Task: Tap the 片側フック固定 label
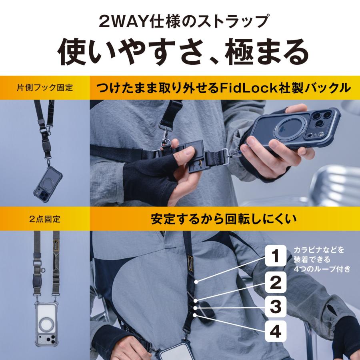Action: [45, 87]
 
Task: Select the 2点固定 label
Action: [45, 219]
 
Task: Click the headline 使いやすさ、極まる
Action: [180, 51]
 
